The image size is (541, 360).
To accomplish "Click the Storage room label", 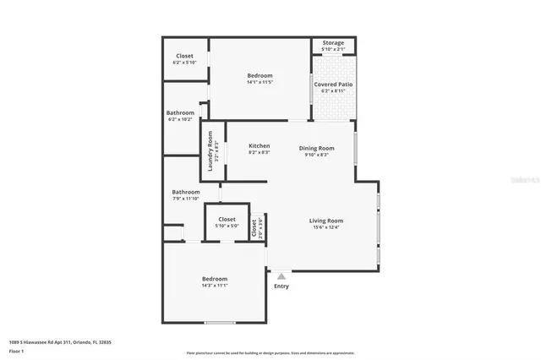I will point(333,42).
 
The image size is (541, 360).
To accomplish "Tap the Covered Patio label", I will point(333,85).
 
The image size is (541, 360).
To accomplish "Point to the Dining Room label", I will point(317,148).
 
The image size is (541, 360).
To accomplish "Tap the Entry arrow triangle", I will point(281,275).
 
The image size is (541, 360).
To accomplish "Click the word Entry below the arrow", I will point(281,286).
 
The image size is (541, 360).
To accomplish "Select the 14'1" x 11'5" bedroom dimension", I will point(260,82).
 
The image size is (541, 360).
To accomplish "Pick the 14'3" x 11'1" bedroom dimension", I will point(214,286).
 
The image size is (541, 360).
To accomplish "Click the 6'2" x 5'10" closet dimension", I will point(183,63).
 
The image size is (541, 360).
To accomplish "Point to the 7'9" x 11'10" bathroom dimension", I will point(186,199).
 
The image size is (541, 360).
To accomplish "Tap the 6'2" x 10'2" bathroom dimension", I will point(180,119).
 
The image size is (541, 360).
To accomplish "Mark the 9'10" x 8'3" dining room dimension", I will point(317,154).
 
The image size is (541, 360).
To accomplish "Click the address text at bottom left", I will point(60,342).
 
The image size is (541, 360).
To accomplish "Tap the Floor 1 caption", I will point(17,351).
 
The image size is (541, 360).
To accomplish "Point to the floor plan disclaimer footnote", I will point(271,353).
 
